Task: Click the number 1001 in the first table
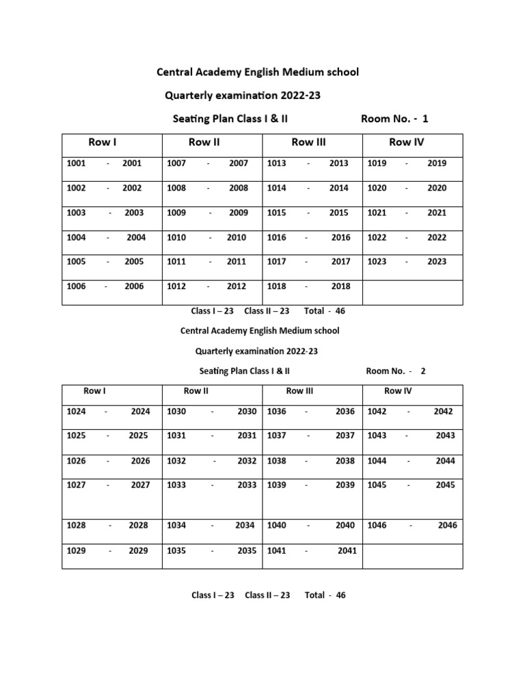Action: point(77,163)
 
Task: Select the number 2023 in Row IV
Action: point(437,262)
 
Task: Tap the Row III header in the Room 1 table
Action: point(308,142)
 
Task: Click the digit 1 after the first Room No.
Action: point(425,119)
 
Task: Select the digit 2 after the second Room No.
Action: point(423,371)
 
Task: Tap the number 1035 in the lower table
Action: point(176,550)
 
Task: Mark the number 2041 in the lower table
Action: point(347,550)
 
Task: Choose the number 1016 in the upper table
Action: point(277,237)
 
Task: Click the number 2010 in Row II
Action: point(237,237)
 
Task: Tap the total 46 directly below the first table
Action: point(340,311)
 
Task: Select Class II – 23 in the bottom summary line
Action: point(267,595)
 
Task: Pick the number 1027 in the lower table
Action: point(77,485)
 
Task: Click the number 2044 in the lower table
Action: point(445,461)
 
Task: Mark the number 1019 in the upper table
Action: point(377,163)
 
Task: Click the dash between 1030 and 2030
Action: point(213,412)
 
